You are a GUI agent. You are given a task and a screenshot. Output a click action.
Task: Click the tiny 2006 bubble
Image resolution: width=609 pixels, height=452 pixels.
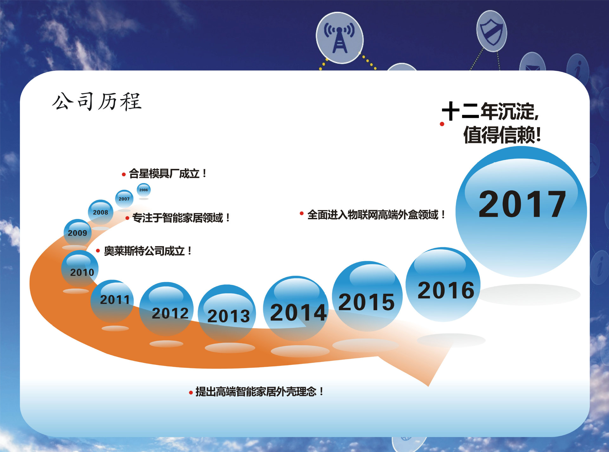144,190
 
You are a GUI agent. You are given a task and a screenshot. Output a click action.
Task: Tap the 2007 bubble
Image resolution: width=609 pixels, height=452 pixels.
124,199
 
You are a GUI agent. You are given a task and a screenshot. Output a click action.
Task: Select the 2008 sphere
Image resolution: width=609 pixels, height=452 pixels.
101,212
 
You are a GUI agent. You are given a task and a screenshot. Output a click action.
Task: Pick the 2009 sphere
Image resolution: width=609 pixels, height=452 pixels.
77,233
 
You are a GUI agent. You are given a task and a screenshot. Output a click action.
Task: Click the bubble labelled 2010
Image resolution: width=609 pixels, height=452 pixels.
80,269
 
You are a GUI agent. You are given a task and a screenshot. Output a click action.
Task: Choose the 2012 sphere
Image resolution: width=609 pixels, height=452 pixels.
167,309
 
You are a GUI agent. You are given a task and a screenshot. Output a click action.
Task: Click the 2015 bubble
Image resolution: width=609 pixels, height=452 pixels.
367,296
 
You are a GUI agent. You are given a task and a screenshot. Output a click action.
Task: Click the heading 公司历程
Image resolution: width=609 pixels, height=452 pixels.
97,101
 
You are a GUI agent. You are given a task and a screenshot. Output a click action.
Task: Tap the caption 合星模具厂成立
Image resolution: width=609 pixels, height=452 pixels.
167,174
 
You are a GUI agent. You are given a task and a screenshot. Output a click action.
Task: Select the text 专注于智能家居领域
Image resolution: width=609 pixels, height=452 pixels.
180,218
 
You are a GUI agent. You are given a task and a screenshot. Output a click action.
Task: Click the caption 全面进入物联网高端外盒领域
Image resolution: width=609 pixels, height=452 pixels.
376,215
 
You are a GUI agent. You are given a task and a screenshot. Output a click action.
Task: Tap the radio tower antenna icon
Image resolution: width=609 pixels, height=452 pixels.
339,38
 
